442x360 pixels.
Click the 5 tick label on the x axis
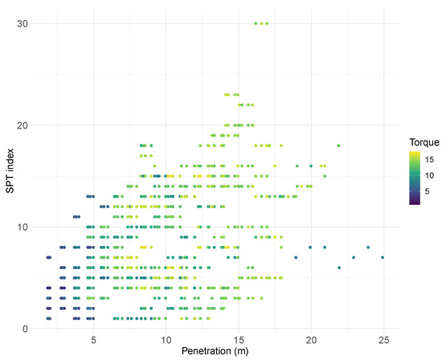pos(93,339)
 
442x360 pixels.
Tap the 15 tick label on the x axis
pos(238,339)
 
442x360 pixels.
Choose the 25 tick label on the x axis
pos(383,339)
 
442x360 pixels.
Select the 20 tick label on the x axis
pos(310,339)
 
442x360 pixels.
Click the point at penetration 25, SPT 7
pos(383,257)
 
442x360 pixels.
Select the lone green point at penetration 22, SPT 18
pos(339,145)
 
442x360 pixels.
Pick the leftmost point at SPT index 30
pos(256,24)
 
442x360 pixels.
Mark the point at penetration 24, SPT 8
pos(368,247)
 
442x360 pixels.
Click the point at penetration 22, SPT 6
pos(339,267)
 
